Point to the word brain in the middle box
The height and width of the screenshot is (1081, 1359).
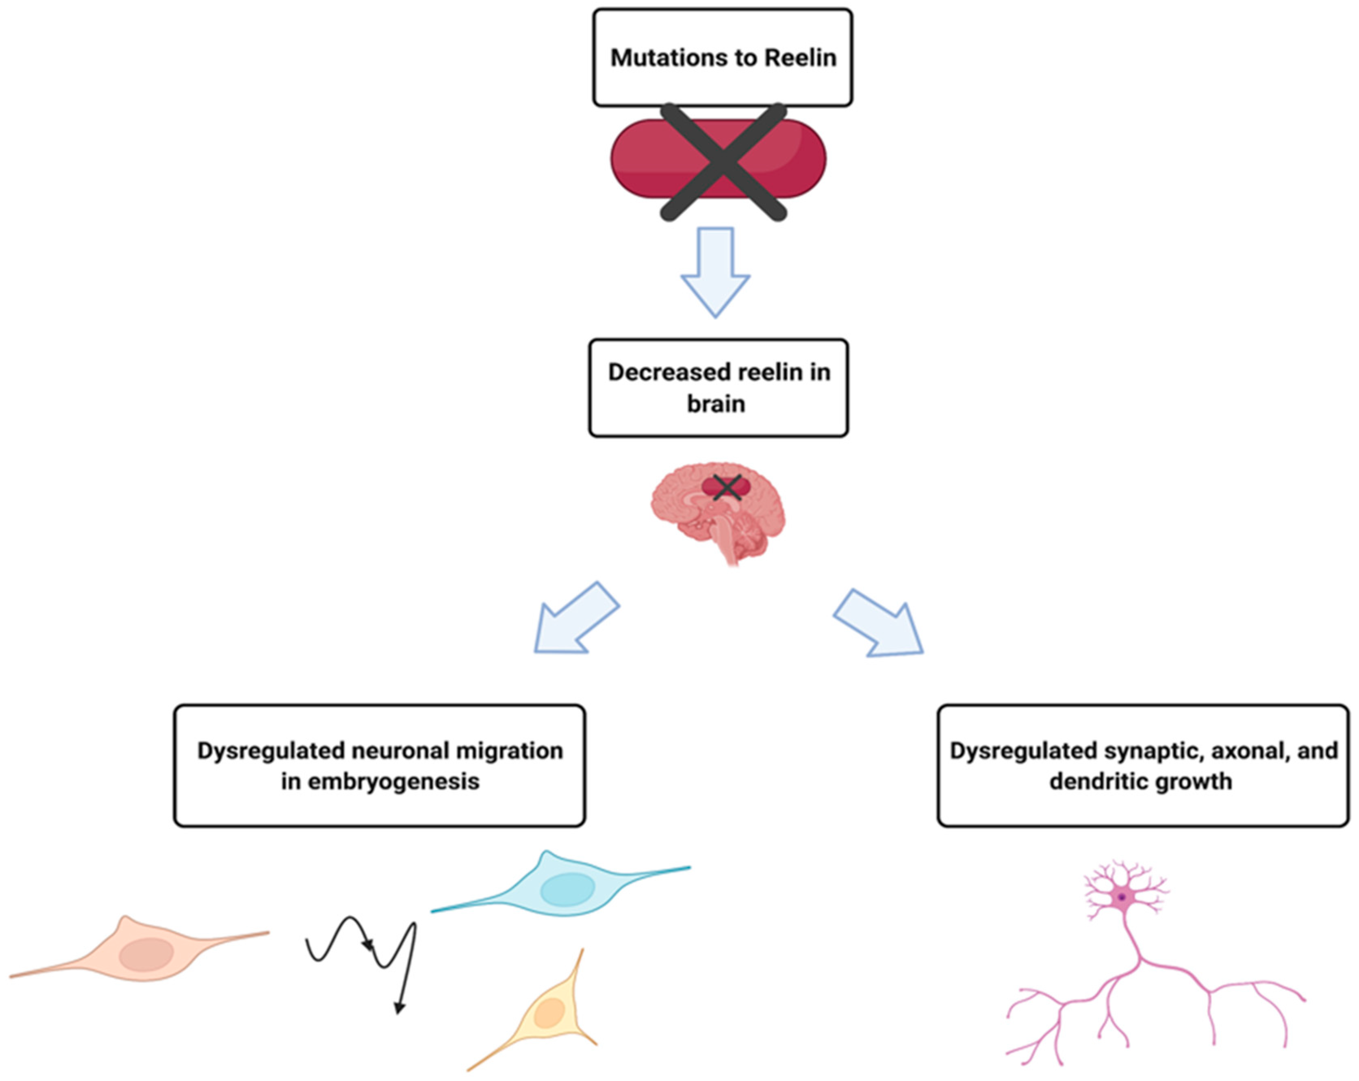tap(716, 404)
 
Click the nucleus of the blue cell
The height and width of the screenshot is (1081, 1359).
tap(567, 889)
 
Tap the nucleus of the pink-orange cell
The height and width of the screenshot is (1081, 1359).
tap(146, 955)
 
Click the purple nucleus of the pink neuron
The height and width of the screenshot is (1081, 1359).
tap(1121, 897)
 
